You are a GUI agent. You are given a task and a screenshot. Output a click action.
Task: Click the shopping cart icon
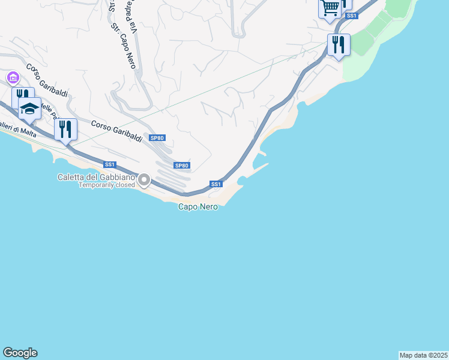coord(330,8)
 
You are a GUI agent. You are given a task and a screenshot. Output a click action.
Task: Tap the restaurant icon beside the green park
coord(339,44)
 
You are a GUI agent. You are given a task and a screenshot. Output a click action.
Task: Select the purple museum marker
coord(13,78)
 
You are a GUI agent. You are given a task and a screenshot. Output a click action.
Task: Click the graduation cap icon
coord(29,109)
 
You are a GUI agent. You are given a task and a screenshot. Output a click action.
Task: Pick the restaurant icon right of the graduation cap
coord(65,128)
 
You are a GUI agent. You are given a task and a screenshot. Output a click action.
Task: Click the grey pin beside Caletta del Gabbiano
coord(144,179)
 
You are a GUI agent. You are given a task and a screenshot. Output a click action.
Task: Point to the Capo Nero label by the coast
coord(197,206)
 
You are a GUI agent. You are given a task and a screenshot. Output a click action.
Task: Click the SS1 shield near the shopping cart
coord(352,16)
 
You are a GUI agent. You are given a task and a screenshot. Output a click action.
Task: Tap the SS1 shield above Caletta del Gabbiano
coord(109,164)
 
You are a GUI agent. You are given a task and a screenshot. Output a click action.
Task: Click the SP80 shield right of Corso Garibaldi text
coord(157,138)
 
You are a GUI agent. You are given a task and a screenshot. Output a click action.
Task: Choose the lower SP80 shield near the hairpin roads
coord(182,166)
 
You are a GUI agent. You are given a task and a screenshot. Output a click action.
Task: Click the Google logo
coord(20,353)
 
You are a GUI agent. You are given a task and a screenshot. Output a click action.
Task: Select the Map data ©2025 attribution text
coord(423,355)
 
